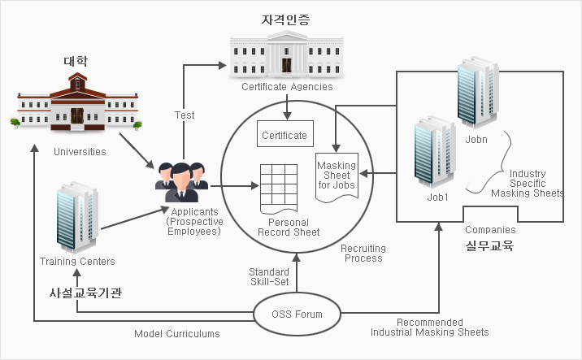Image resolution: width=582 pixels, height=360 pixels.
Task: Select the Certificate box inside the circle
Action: tap(284, 135)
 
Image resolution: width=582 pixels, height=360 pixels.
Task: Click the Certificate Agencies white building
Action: tap(288, 55)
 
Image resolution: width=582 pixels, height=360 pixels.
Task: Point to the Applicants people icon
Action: tap(181, 182)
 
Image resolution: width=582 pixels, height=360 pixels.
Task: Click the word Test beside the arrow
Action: tap(185, 115)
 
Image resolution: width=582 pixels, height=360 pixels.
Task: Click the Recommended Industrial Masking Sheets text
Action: tap(429, 327)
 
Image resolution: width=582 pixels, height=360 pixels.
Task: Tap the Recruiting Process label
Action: tap(363, 254)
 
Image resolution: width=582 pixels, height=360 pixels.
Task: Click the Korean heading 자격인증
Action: tap(286, 18)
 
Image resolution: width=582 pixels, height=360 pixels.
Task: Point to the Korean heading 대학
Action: tap(76, 61)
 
